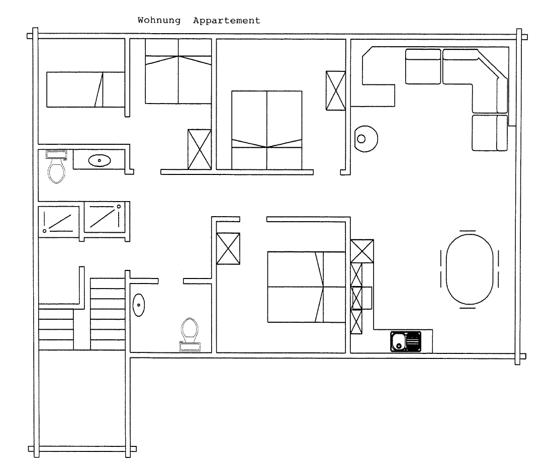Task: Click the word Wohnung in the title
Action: (x=159, y=21)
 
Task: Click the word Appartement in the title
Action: (x=227, y=21)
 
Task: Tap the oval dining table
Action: (x=470, y=269)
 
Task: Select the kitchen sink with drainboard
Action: (x=406, y=341)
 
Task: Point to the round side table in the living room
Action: (x=366, y=139)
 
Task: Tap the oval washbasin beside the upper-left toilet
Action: (x=99, y=160)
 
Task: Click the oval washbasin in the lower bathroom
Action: (x=139, y=305)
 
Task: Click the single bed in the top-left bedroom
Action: (x=85, y=89)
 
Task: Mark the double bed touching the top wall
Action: (x=178, y=71)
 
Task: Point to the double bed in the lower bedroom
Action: (x=306, y=287)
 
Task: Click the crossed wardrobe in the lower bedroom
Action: (x=228, y=248)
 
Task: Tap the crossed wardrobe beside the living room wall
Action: (x=335, y=90)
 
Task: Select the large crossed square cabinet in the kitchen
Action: (x=362, y=251)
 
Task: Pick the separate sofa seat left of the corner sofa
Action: (x=423, y=66)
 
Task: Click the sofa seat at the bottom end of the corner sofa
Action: (x=490, y=133)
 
